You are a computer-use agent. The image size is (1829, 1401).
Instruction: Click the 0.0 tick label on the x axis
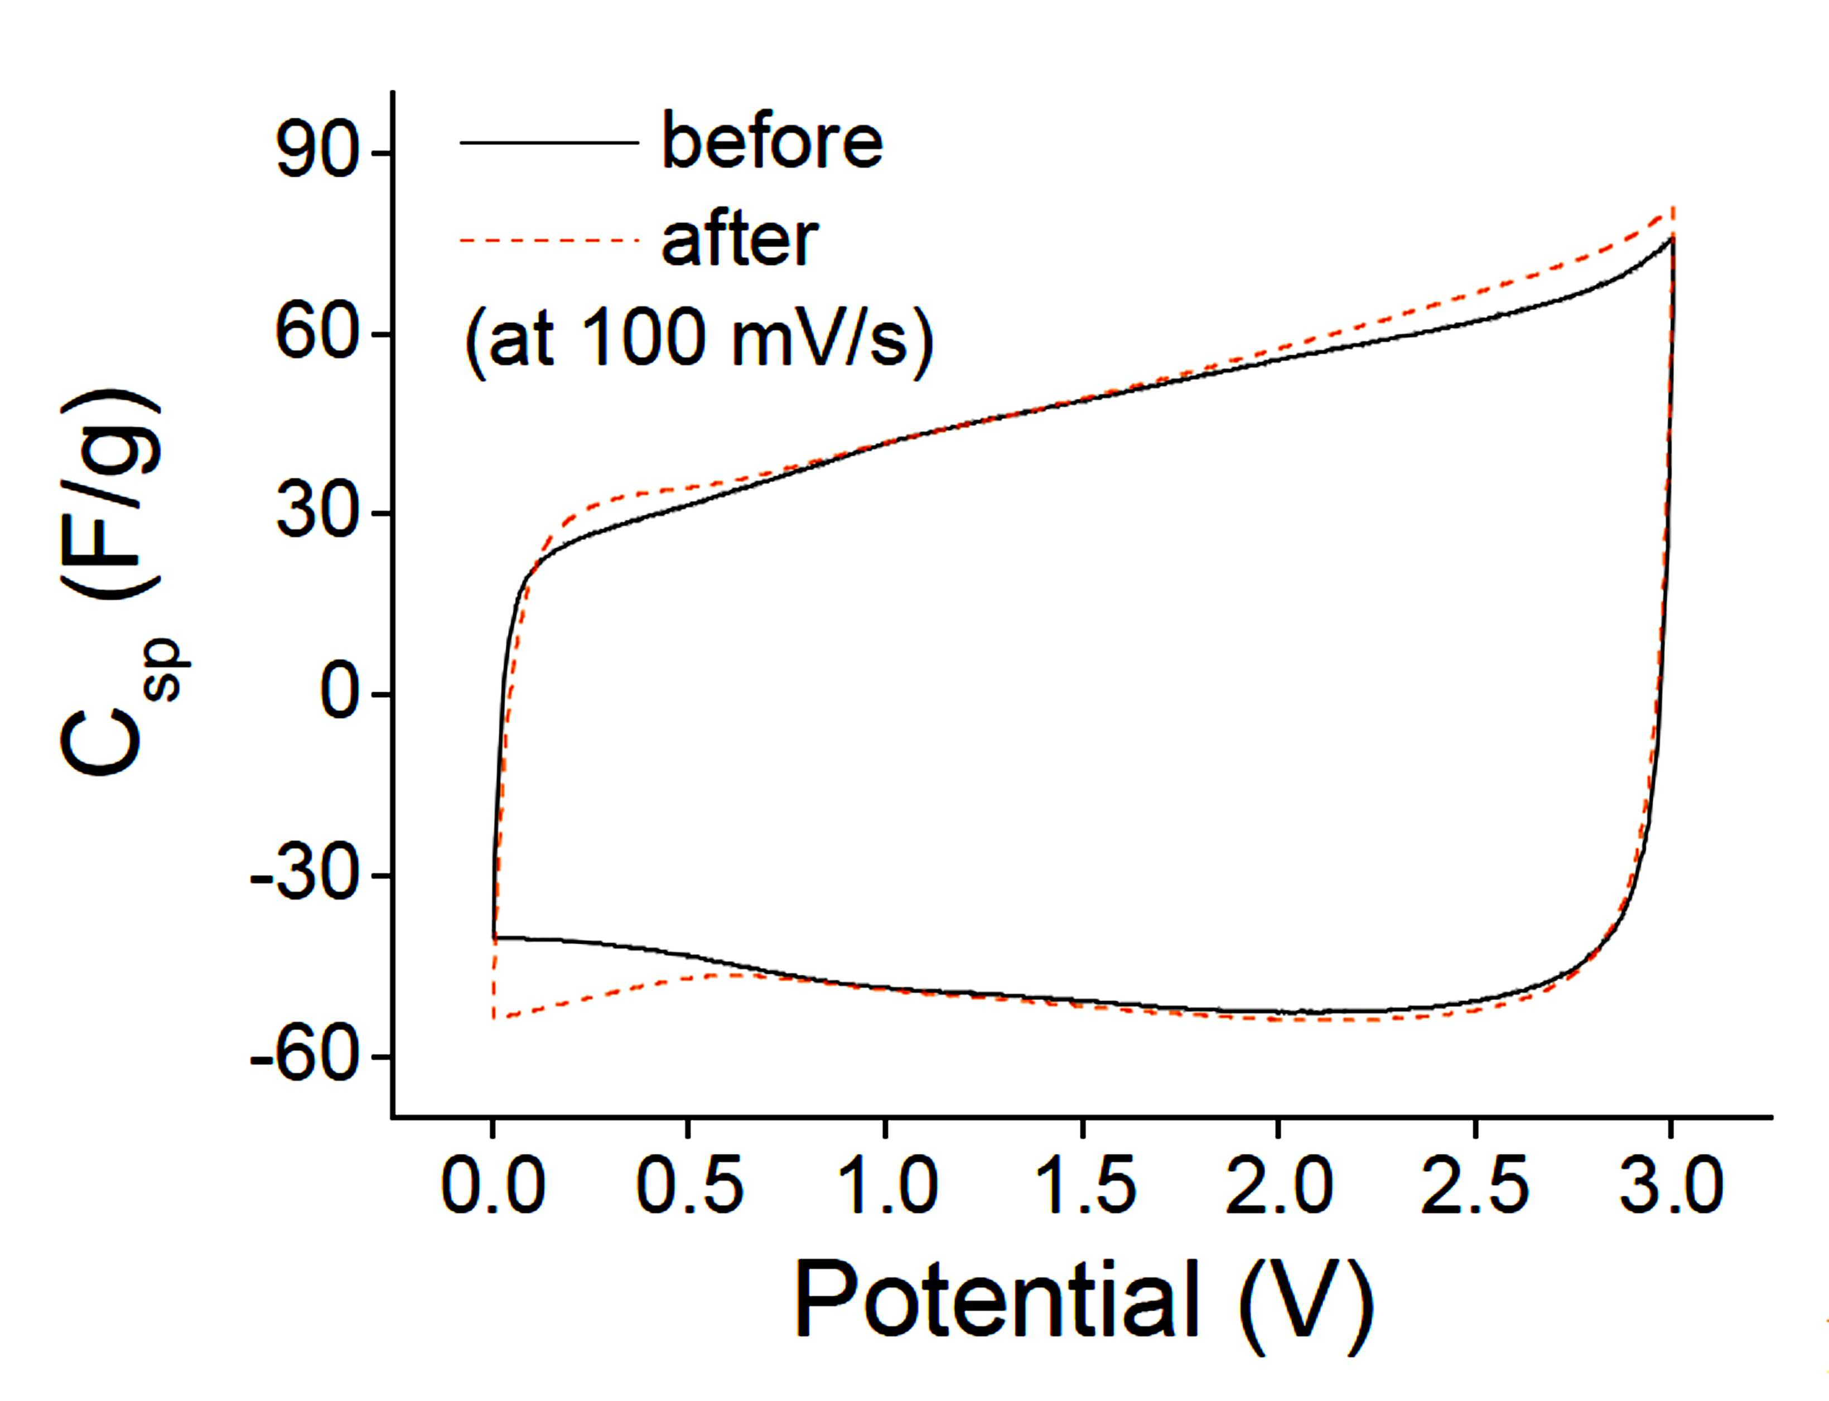click(493, 1185)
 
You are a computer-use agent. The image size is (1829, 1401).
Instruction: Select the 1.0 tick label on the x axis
click(886, 1185)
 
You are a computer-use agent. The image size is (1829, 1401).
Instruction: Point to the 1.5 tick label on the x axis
click(1083, 1185)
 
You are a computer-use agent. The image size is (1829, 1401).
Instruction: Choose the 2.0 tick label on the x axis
click(1278, 1185)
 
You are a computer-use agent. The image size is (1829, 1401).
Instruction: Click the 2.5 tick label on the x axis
click(1475, 1185)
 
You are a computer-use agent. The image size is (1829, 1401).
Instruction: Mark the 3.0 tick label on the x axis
click(1671, 1185)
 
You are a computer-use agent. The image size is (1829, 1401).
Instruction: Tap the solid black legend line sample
click(549, 143)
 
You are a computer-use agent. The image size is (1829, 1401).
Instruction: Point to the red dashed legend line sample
click(549, 240)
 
